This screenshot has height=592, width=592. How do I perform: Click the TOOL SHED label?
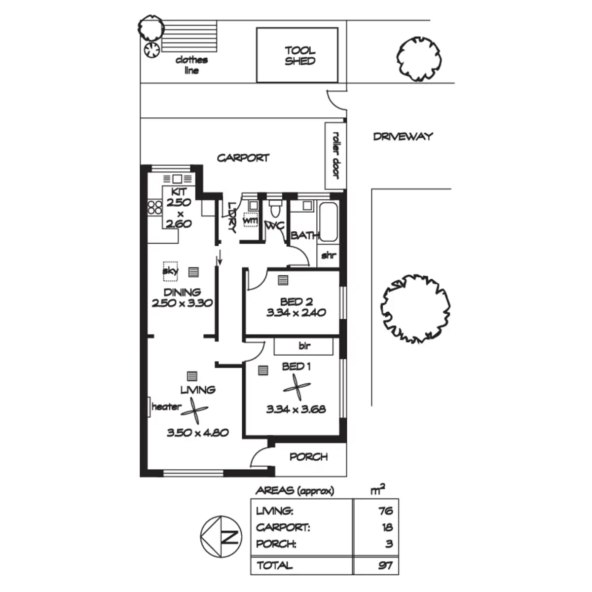point(300,56)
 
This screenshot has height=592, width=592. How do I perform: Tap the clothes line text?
point(191,65)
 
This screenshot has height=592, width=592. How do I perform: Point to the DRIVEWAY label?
point(403,136)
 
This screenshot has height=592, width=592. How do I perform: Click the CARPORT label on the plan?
point(243,158)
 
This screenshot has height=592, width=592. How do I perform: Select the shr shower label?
point(329,255)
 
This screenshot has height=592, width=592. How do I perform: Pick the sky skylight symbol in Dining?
point(170,271)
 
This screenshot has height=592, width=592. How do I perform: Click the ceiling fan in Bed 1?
point(296,388)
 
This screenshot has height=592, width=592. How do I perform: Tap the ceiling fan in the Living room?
point(194,411)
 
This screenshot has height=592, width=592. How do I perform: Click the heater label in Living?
point(166,407)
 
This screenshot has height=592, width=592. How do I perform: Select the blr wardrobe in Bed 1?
point(303,346)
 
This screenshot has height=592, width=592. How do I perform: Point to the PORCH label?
point(308,457)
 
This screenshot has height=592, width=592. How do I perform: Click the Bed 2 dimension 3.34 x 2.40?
point(296,313)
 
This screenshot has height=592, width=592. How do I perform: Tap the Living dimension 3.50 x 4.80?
point(197,433)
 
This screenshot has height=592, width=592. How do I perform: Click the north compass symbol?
point(221,536)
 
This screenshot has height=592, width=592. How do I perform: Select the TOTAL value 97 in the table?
point(386,565)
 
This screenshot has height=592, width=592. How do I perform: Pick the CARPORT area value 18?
point(387,527)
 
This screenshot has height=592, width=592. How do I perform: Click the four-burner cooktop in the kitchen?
point(154,207)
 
